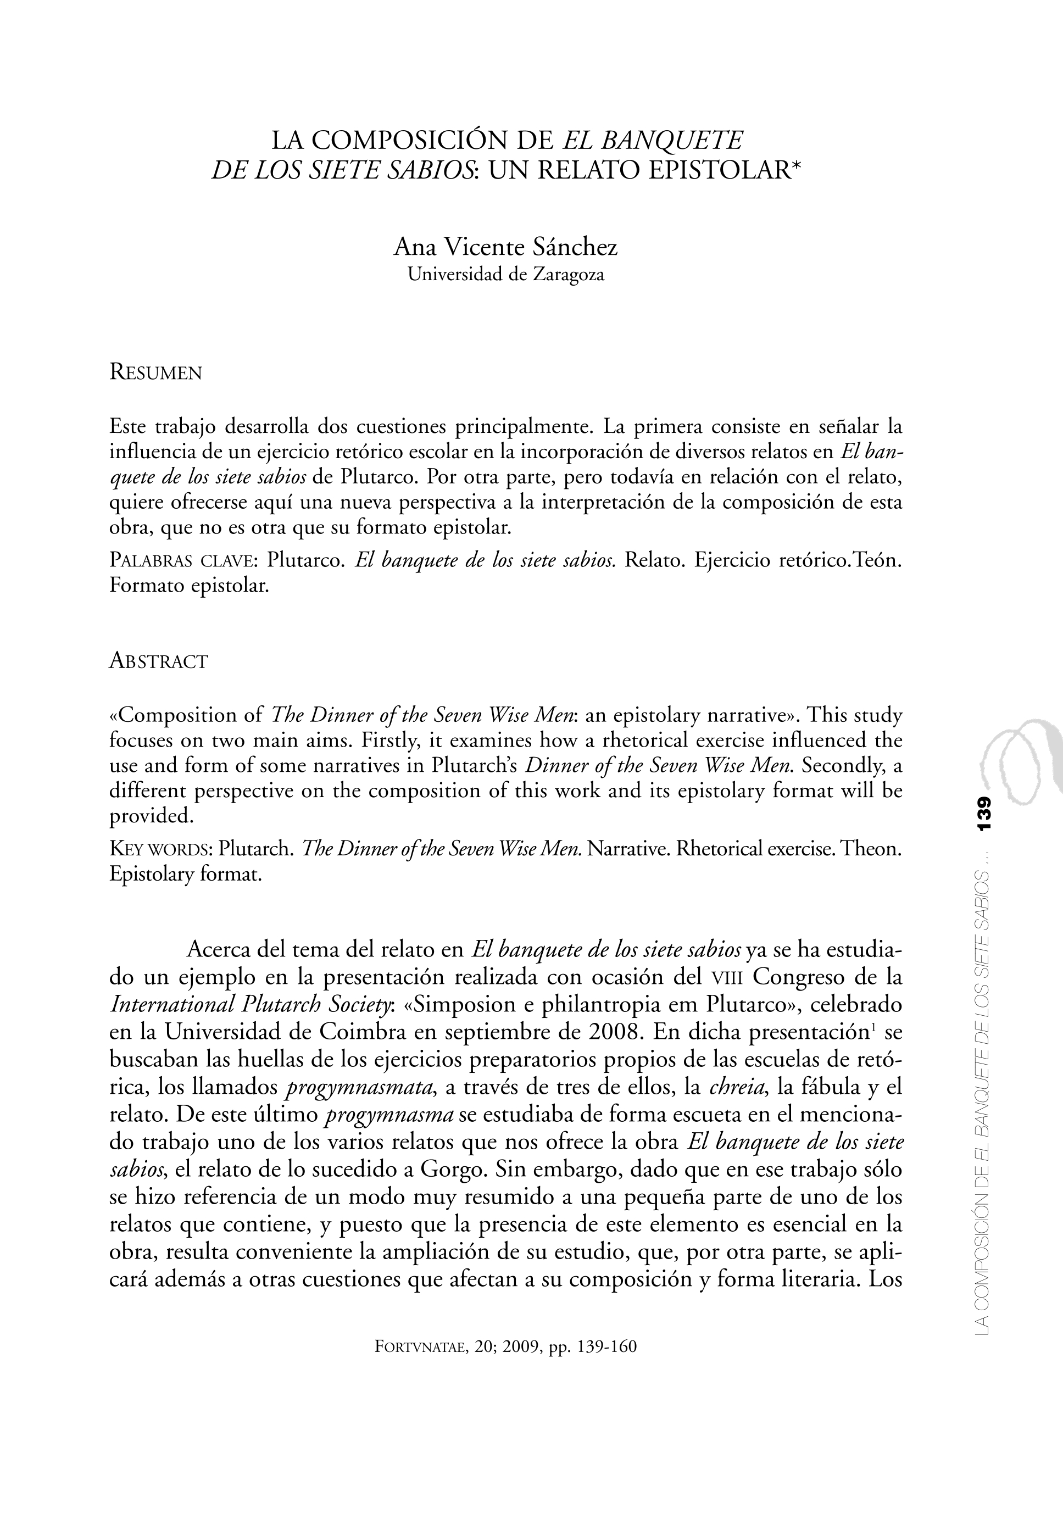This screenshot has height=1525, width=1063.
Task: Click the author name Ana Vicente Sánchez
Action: click(x=505, y=247)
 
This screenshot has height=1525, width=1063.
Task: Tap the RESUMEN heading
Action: click(x=155, y=372)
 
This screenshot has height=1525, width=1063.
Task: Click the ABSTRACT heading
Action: click(x=158, y=661)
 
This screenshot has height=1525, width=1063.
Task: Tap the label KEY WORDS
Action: click(x=160, y=849)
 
